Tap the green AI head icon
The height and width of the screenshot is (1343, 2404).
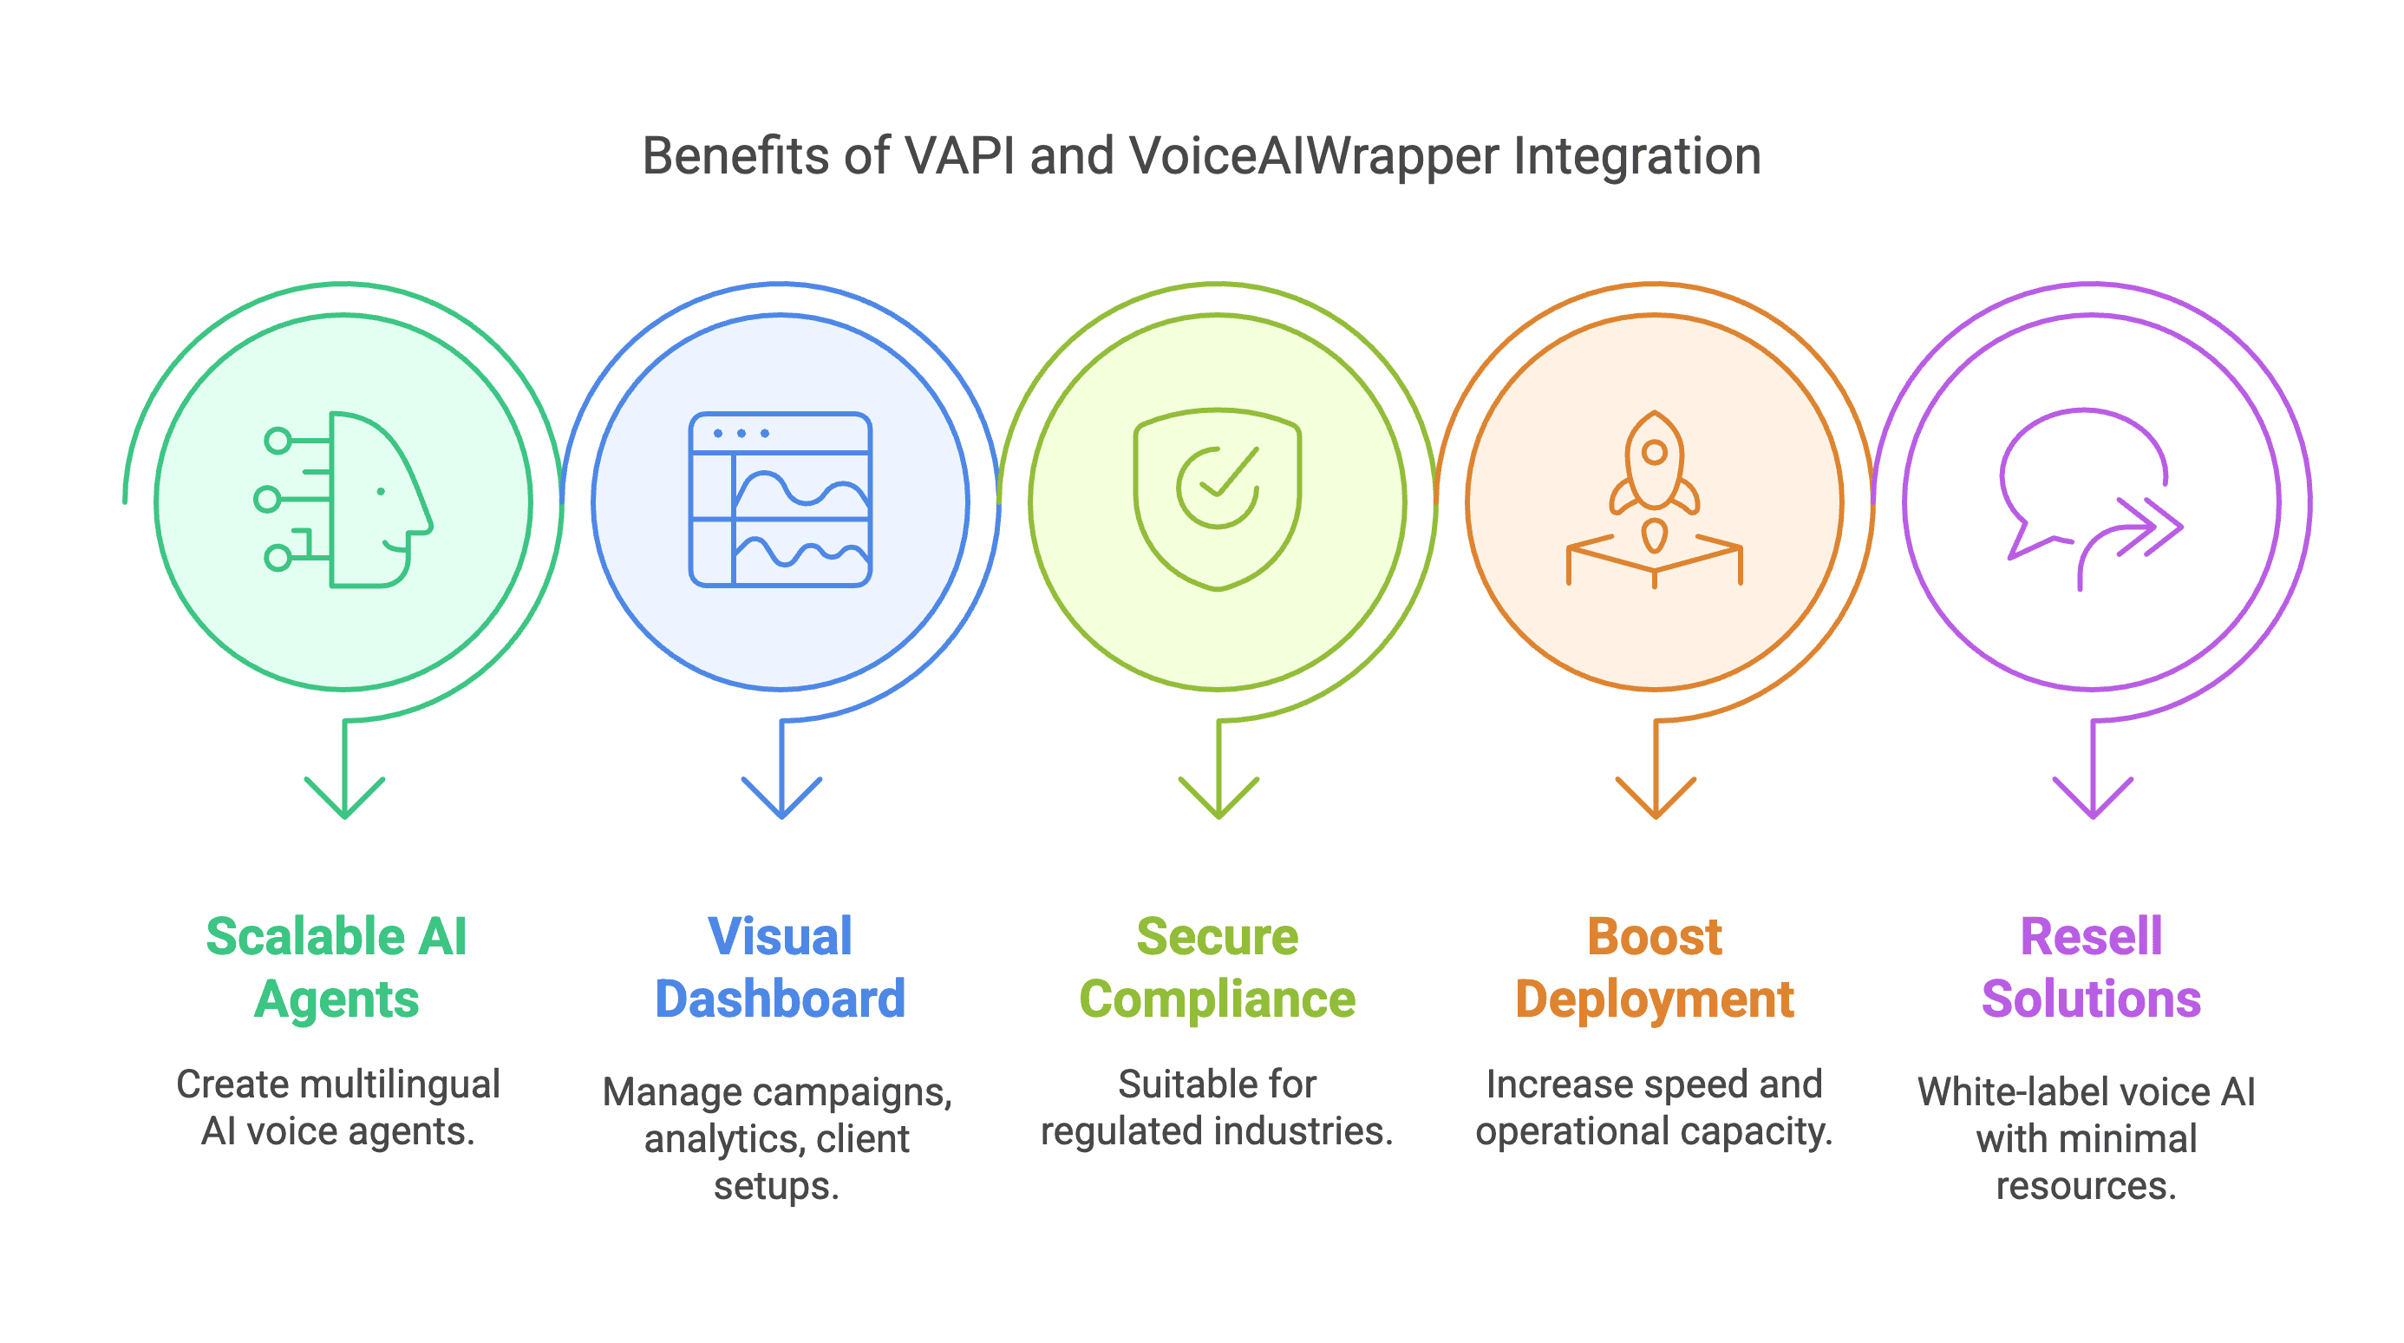343,500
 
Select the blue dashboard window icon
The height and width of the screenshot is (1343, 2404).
781,500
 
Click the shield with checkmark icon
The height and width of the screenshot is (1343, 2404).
1217,500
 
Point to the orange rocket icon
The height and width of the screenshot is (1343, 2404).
1655,500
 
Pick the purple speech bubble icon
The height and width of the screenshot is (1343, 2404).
2090,500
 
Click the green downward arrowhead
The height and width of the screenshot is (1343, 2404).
344,798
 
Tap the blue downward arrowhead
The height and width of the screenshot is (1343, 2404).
781,798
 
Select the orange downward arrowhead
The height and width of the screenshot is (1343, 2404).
1656,798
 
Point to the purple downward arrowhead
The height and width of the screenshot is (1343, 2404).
2093,798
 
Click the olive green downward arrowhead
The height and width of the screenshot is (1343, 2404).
1218,798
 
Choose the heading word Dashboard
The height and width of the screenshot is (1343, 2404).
781,999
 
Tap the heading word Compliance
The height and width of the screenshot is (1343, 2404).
1217,1000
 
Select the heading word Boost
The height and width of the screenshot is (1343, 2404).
1655,936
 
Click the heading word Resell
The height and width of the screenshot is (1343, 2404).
2090,936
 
